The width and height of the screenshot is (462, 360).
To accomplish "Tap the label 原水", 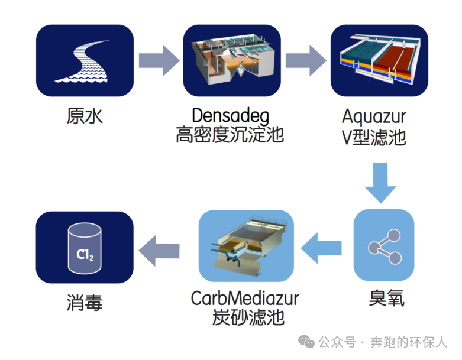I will (x=85, y=115).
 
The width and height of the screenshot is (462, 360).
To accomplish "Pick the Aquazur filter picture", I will (x=379, y=61).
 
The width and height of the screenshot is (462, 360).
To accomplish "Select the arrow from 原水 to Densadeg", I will (x=158, y=60).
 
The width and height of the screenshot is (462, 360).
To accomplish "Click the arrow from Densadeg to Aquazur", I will (x=305, y=60).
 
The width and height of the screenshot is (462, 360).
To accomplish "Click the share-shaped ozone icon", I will (x=383, y=245).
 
